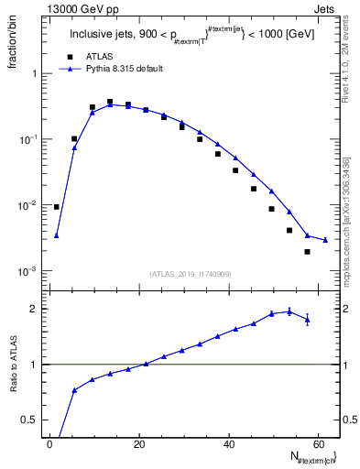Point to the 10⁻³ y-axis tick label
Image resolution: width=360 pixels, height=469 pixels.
pyautogui.click(x=31, y=272)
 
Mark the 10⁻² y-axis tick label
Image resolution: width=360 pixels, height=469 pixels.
pyautogui.click(x=31, y=206)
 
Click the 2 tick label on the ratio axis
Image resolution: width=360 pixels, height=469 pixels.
pyautogui.click(x=37, y=309)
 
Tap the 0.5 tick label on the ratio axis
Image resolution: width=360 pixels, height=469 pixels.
pyautogui.click(x=33, y=420)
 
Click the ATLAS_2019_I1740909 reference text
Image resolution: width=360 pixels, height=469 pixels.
pyautogui.click(x=190, y=274)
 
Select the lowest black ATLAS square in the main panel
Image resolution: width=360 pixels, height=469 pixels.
pyautogui.click(x=307, y=251)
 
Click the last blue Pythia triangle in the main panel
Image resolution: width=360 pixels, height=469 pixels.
pyautogui.click(x=325, y=240)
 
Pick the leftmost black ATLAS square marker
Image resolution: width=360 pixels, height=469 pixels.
pyautogui.click(x=57, y=207)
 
